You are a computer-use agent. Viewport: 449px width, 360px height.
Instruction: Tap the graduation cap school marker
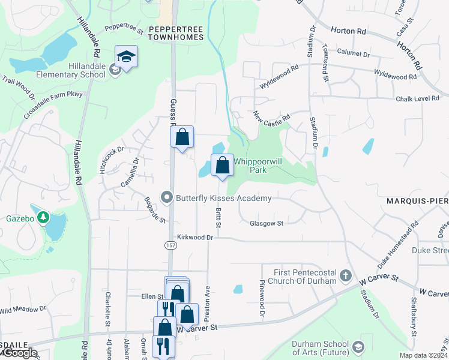click(126, 56)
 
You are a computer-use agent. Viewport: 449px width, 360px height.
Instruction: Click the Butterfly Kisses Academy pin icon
click(166, 197)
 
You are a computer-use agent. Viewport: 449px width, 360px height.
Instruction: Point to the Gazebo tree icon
click(43, 216)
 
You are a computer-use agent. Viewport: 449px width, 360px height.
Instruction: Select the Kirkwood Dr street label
click(195, 238)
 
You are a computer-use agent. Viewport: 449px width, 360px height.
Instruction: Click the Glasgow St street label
click(266, 223)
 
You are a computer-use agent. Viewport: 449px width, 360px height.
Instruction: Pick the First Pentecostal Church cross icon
click(345, 276)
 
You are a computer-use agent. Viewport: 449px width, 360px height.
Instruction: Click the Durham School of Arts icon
click(358, 347)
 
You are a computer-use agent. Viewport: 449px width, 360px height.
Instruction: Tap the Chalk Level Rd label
click(418, 98)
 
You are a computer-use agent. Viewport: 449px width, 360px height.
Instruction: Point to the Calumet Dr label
click(353, 53)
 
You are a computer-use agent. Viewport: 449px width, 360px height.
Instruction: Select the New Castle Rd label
click(271, 115)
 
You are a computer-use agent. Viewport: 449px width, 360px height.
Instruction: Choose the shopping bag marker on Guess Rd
click(182, 137)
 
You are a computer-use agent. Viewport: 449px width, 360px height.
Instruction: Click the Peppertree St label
click(124, 28)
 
